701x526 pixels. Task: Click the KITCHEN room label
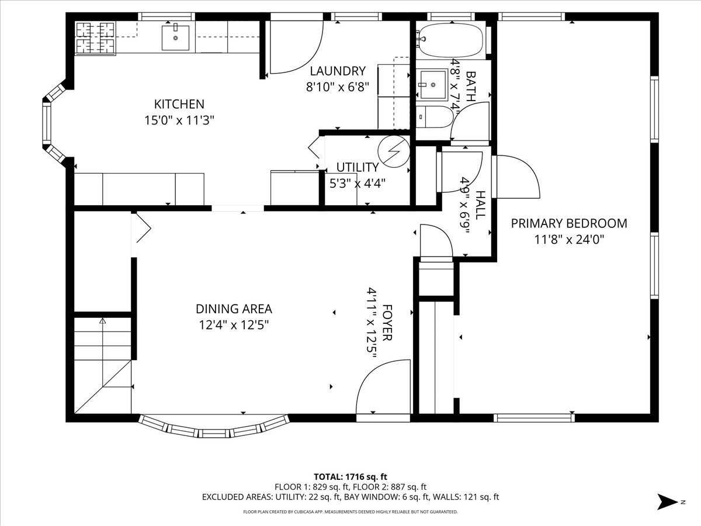point(179,104)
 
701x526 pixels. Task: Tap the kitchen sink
point(175,37)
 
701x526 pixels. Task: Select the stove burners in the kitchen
point(95,37)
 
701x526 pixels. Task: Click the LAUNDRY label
point(337,71)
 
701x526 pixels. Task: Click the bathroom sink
point(432,84)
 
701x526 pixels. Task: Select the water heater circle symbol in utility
point(393,151)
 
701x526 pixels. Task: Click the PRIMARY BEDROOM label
point(569,223)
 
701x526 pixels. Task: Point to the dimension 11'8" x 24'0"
point(569,239)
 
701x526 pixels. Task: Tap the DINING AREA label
point(234,309)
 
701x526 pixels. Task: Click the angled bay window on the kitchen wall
point(49,123)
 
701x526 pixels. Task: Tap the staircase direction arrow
point(103,321)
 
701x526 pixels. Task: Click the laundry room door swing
point(296,50)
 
